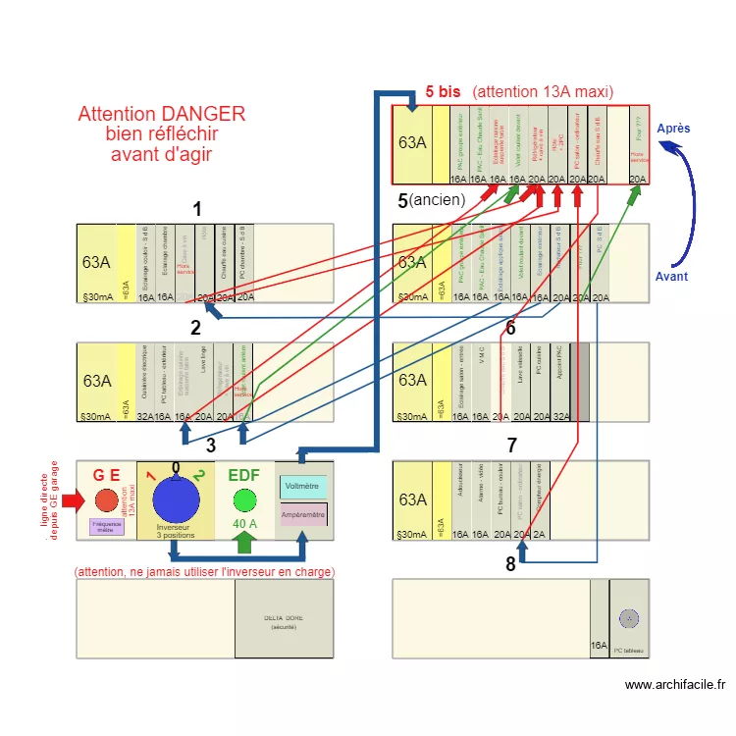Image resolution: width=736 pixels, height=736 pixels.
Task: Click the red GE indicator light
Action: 106,500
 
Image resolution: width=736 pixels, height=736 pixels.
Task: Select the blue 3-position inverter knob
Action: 176,500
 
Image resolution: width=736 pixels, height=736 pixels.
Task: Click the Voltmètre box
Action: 302,486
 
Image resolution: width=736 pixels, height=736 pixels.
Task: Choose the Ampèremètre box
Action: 303,513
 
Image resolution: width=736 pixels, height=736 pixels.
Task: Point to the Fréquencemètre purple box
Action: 106,526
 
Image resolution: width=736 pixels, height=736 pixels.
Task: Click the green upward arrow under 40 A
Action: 243,542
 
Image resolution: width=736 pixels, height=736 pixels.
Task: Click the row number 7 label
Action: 511,446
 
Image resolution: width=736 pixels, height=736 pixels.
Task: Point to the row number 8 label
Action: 510,564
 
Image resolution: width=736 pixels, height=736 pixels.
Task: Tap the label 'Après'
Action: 673,129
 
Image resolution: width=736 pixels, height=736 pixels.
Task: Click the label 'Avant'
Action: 671,277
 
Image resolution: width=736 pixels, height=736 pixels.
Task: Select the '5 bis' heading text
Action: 443,91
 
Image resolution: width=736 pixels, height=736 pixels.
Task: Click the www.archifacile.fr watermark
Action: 674,685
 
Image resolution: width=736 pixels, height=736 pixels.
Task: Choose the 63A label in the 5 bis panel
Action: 412,142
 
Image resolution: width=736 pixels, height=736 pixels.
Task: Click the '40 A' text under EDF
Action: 243,524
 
